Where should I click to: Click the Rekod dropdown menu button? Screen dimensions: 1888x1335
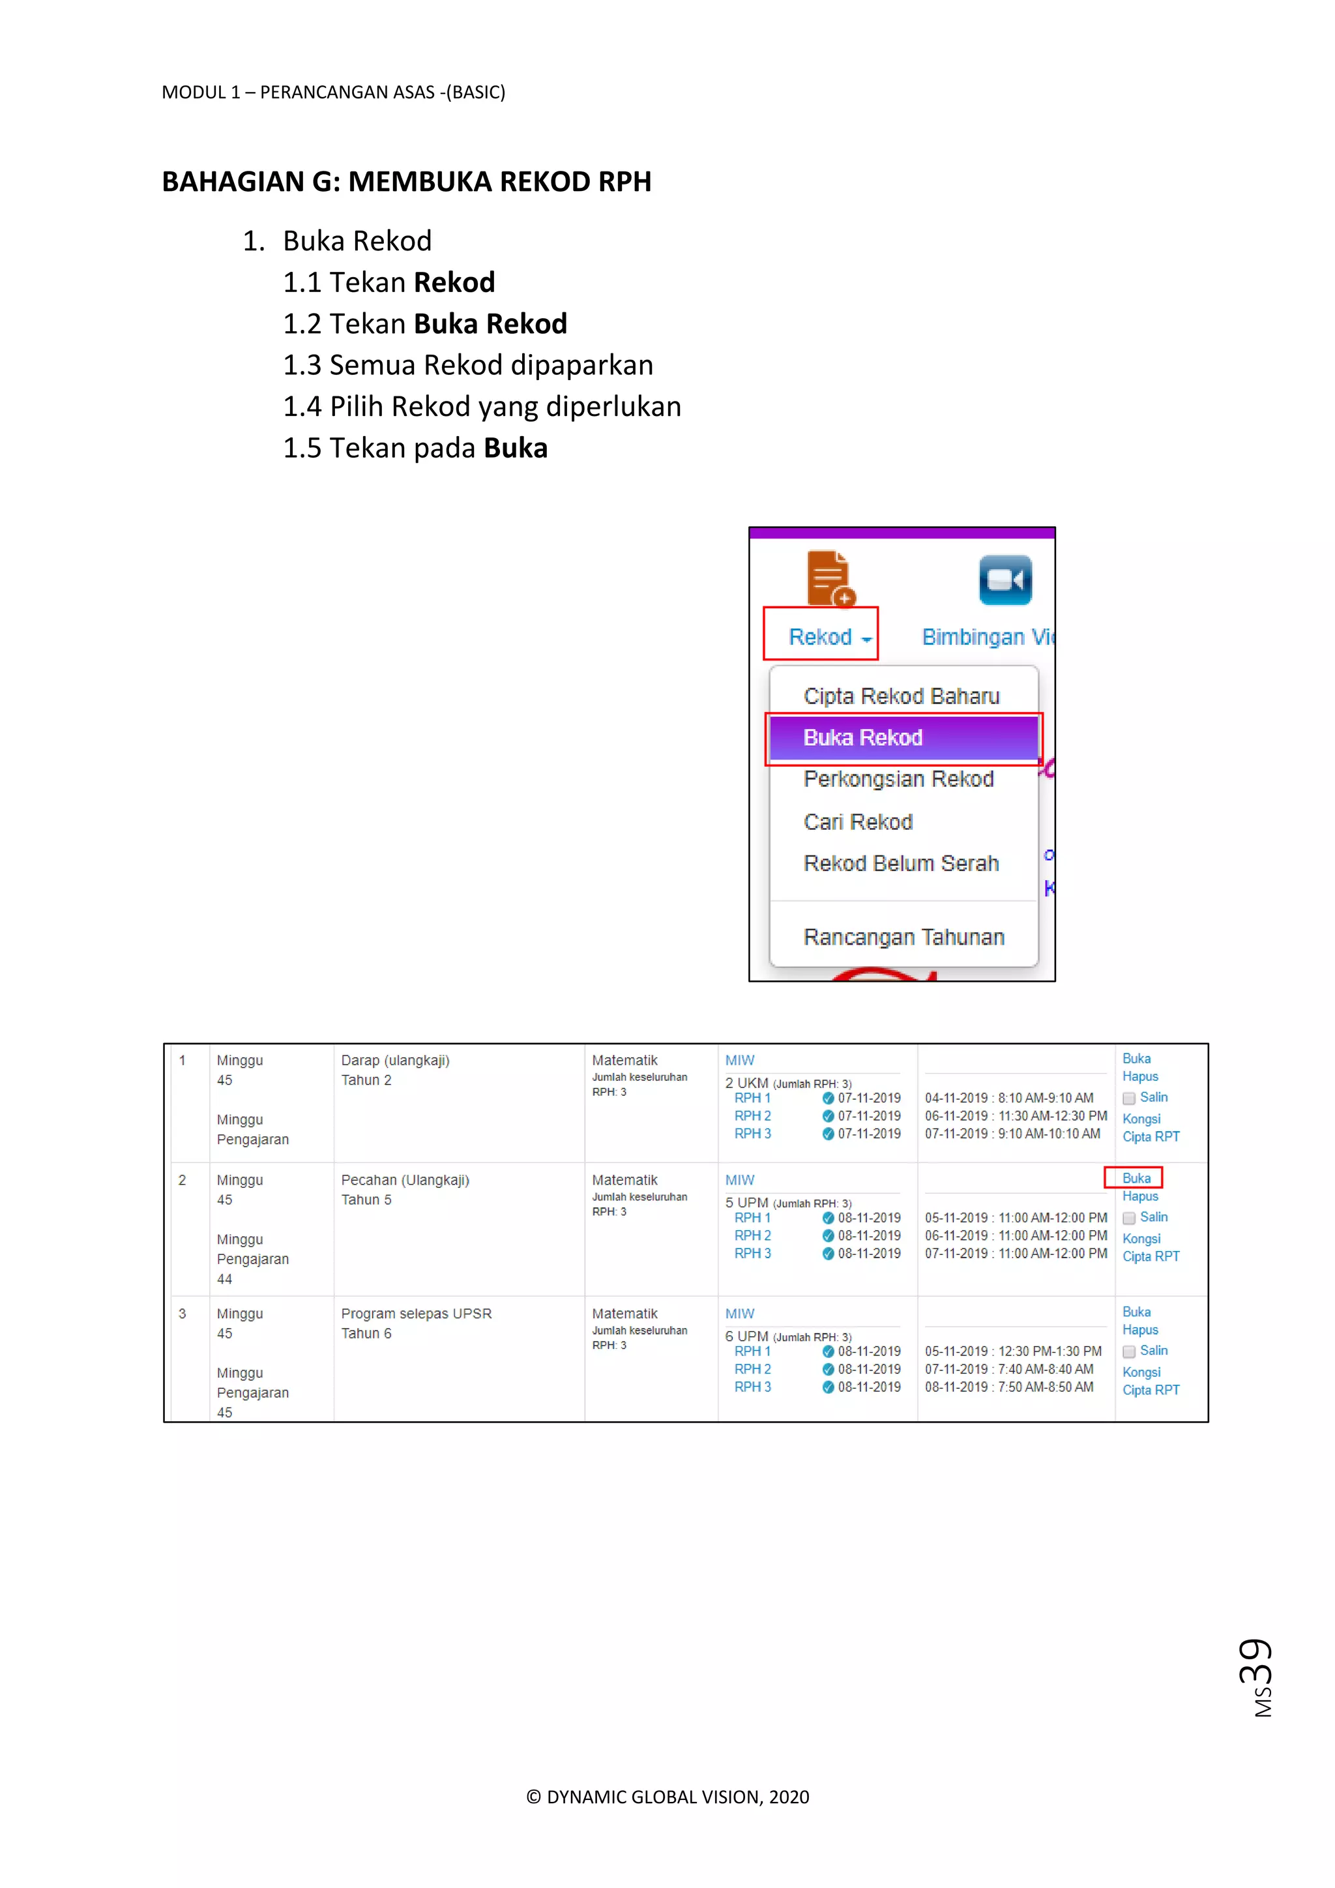pos(829,638)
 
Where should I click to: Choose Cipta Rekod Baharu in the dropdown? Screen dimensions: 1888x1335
pos(901,696)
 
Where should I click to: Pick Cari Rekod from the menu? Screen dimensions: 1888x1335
pos(858,821)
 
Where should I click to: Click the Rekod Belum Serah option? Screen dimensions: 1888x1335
pos(901,863)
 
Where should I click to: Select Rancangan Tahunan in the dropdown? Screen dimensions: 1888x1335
pos(903,937)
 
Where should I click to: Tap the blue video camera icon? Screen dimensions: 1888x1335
pos(1005,580)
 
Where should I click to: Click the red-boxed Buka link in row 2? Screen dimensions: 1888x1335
pos(1136,1178)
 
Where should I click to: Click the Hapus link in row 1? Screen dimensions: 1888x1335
pos(1140,1076)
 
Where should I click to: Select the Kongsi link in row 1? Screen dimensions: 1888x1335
pos(1141,1119)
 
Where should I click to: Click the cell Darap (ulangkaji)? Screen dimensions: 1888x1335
pos(396,1061)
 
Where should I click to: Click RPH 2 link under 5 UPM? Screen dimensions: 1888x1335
pos(752,1236)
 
